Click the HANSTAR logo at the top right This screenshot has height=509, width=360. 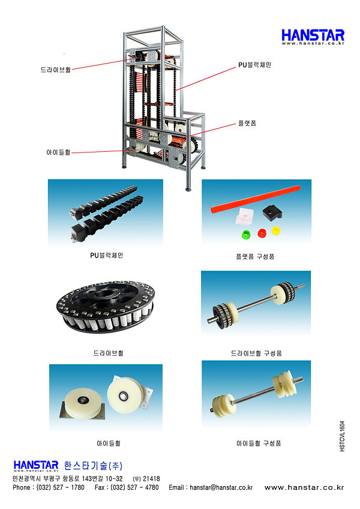click(313, 37)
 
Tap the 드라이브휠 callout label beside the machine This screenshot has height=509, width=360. click(56, 70)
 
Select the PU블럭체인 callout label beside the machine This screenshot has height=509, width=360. click(254, 65)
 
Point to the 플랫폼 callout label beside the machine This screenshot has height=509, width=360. click(247, 124)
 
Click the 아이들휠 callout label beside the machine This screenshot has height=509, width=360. click(58, 152)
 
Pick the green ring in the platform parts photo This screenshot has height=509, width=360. click(247, 234)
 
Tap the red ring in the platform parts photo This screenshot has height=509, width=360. click(262, 233)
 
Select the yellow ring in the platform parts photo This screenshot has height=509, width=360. click(275, 231)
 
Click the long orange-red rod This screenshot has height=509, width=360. click(255, 199)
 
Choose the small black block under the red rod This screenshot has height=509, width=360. click(272, 212)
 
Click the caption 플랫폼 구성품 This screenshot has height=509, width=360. click(255, 257)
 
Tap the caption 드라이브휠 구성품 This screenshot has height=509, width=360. click(256, 353)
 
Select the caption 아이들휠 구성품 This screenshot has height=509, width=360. click(259, 444)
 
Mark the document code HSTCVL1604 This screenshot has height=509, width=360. click(342, 436)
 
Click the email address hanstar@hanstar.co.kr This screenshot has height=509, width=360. click(221, 487)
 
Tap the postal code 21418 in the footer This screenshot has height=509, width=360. click(151, 479)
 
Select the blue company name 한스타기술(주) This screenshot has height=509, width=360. click(93, 466)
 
